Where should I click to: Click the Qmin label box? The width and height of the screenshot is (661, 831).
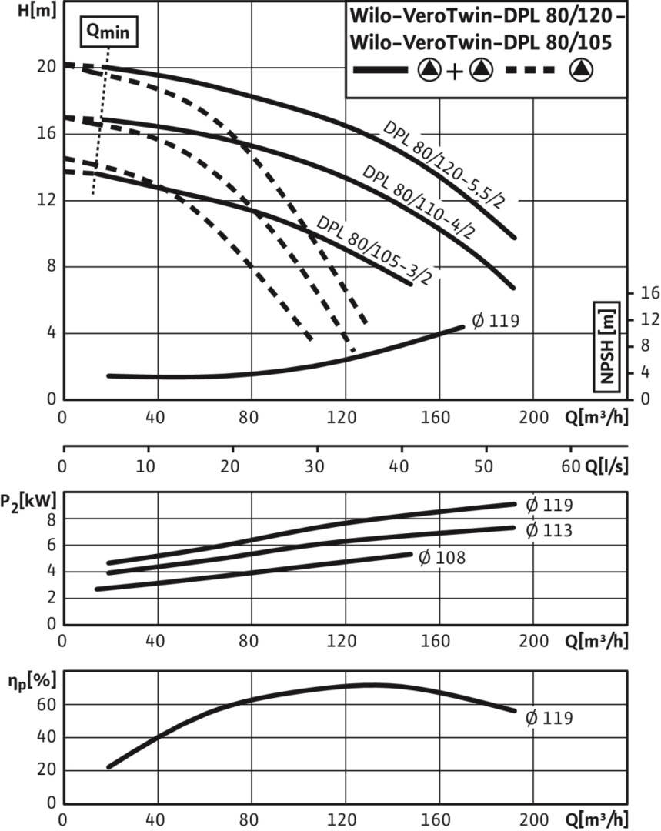[109, 32]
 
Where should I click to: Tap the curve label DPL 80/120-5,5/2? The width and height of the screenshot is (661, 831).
[444, 165]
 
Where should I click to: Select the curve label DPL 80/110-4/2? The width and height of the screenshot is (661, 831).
[419, 202]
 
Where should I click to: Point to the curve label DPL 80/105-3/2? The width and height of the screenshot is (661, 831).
[374, 250]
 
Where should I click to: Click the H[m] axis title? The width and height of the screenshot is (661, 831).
[37, 10]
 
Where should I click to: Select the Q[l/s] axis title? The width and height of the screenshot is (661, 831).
[606, 466]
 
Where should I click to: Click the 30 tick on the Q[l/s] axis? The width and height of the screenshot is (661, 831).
[314, 466]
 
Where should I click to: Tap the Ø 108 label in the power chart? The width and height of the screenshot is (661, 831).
[442, 558]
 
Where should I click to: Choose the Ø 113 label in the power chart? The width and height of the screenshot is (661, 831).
[549, 530]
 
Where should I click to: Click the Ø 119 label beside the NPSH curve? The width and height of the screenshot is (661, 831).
[496, 321]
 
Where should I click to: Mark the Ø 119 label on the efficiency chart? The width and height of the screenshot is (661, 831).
[549, 718]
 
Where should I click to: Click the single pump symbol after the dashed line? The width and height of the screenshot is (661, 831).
[582, 70]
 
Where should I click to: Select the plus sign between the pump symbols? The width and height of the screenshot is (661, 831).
[454, 71]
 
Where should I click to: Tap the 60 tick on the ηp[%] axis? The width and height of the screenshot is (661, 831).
[46, 704]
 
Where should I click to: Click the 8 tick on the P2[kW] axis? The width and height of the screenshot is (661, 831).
[52, 519]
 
